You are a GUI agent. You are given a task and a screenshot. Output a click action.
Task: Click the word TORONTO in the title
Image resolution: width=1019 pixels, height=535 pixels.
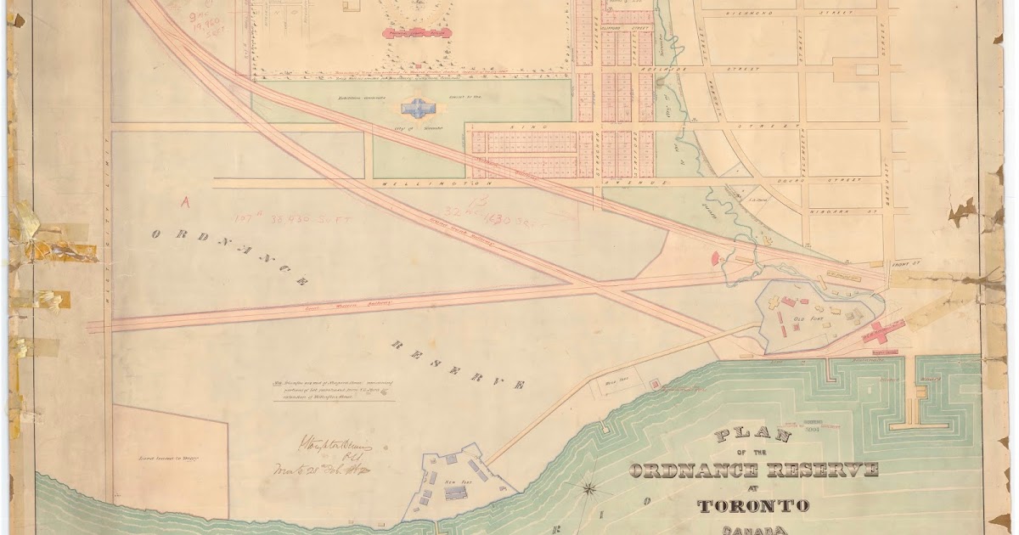[x=752, y=506]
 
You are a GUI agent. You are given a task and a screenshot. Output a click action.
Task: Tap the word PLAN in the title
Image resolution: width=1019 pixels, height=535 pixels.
[x=754, y=436]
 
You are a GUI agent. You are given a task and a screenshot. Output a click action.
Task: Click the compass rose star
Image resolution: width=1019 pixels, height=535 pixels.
[x=592, y=489]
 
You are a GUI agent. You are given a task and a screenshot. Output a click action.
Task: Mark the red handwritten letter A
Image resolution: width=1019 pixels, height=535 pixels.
[x=185, y=202]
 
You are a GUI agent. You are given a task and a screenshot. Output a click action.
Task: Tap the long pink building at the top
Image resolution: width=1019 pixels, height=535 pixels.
[x=415, y=33]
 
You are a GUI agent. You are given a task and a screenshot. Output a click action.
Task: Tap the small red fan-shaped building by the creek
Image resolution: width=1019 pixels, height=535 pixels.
[x=714, y=256]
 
